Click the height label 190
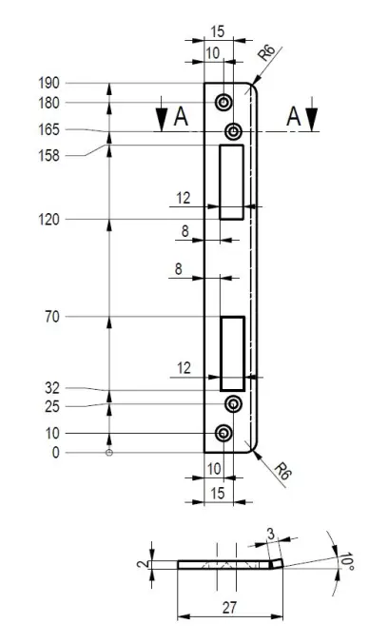point(48,84)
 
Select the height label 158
point(48,156)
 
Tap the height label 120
point(48,220)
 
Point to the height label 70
point(52,317)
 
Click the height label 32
point(52,388)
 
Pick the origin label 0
point(55,453)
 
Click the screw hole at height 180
point(223,103)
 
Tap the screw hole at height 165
point(233,131)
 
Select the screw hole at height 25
point(233,404)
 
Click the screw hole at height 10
point(223,433)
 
